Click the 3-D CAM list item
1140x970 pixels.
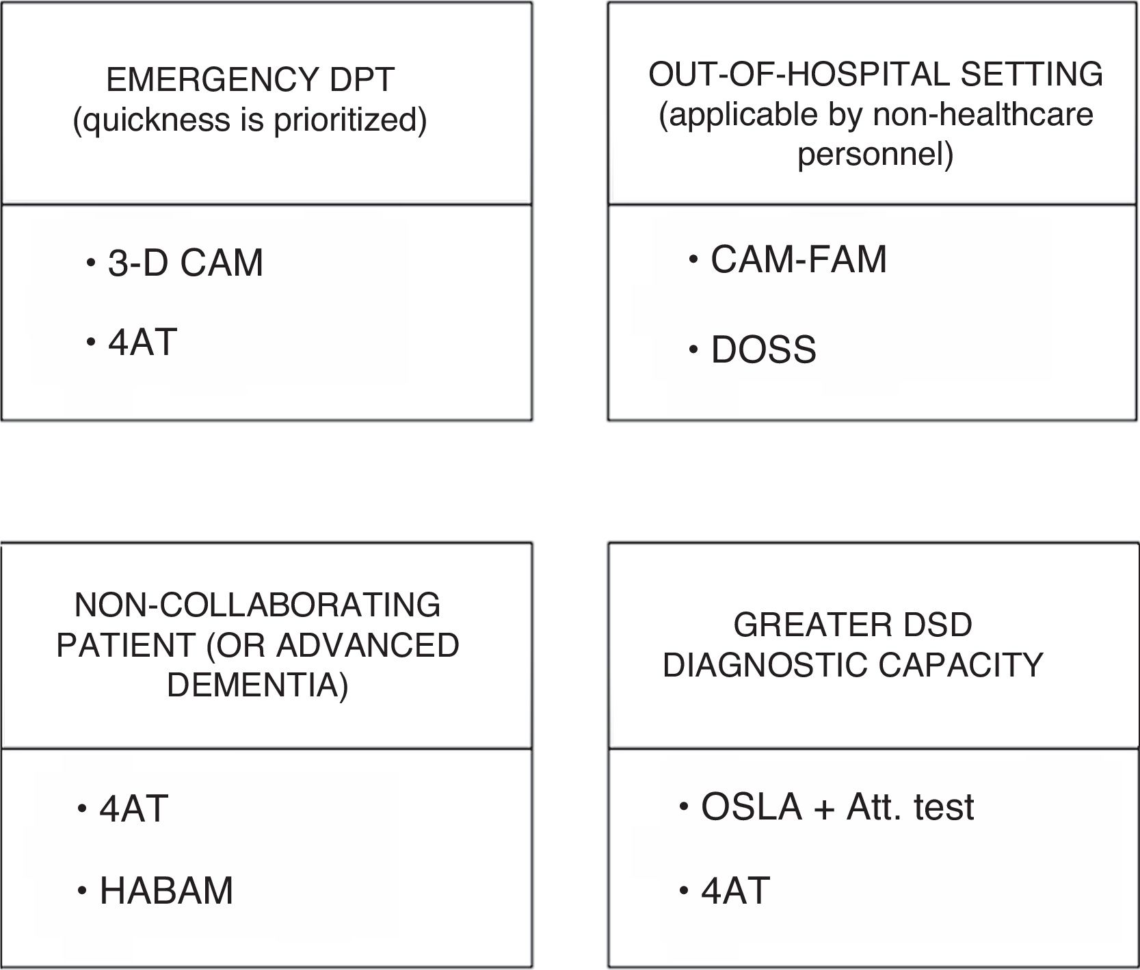[185, 263]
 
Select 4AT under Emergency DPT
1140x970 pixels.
[142, 342]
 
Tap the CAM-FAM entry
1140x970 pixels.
[798, 260]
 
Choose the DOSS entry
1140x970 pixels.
[763, 350]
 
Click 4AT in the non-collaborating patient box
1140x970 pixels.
[133, 809]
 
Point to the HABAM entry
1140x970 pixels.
[166, 891]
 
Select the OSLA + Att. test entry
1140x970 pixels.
[837, 807]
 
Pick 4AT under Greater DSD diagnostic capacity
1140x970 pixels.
[735, 891]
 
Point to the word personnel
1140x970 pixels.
[875, 154]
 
